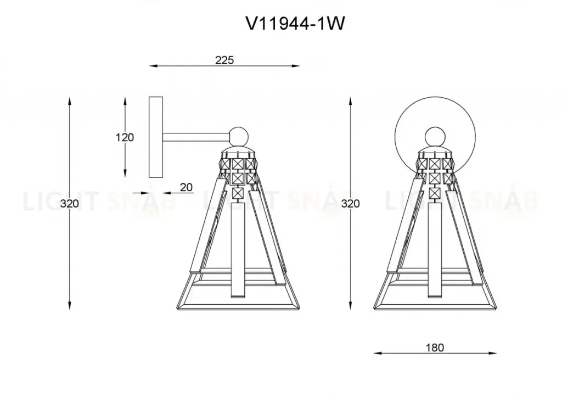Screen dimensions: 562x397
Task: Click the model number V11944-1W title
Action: [295, 24]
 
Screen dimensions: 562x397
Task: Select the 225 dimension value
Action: [224, 60]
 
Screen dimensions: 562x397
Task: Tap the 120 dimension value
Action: [125, 137]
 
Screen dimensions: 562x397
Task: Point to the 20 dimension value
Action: [186, 187]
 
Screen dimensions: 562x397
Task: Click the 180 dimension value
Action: [435, 348]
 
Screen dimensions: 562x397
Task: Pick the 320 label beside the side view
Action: [70, 203]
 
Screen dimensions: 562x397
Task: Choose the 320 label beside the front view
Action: [350, 203]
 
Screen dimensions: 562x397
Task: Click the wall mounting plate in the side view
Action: [156, 137]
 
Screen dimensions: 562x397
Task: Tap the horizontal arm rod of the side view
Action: [196, 137]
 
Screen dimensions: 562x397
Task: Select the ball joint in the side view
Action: [239, 137]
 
